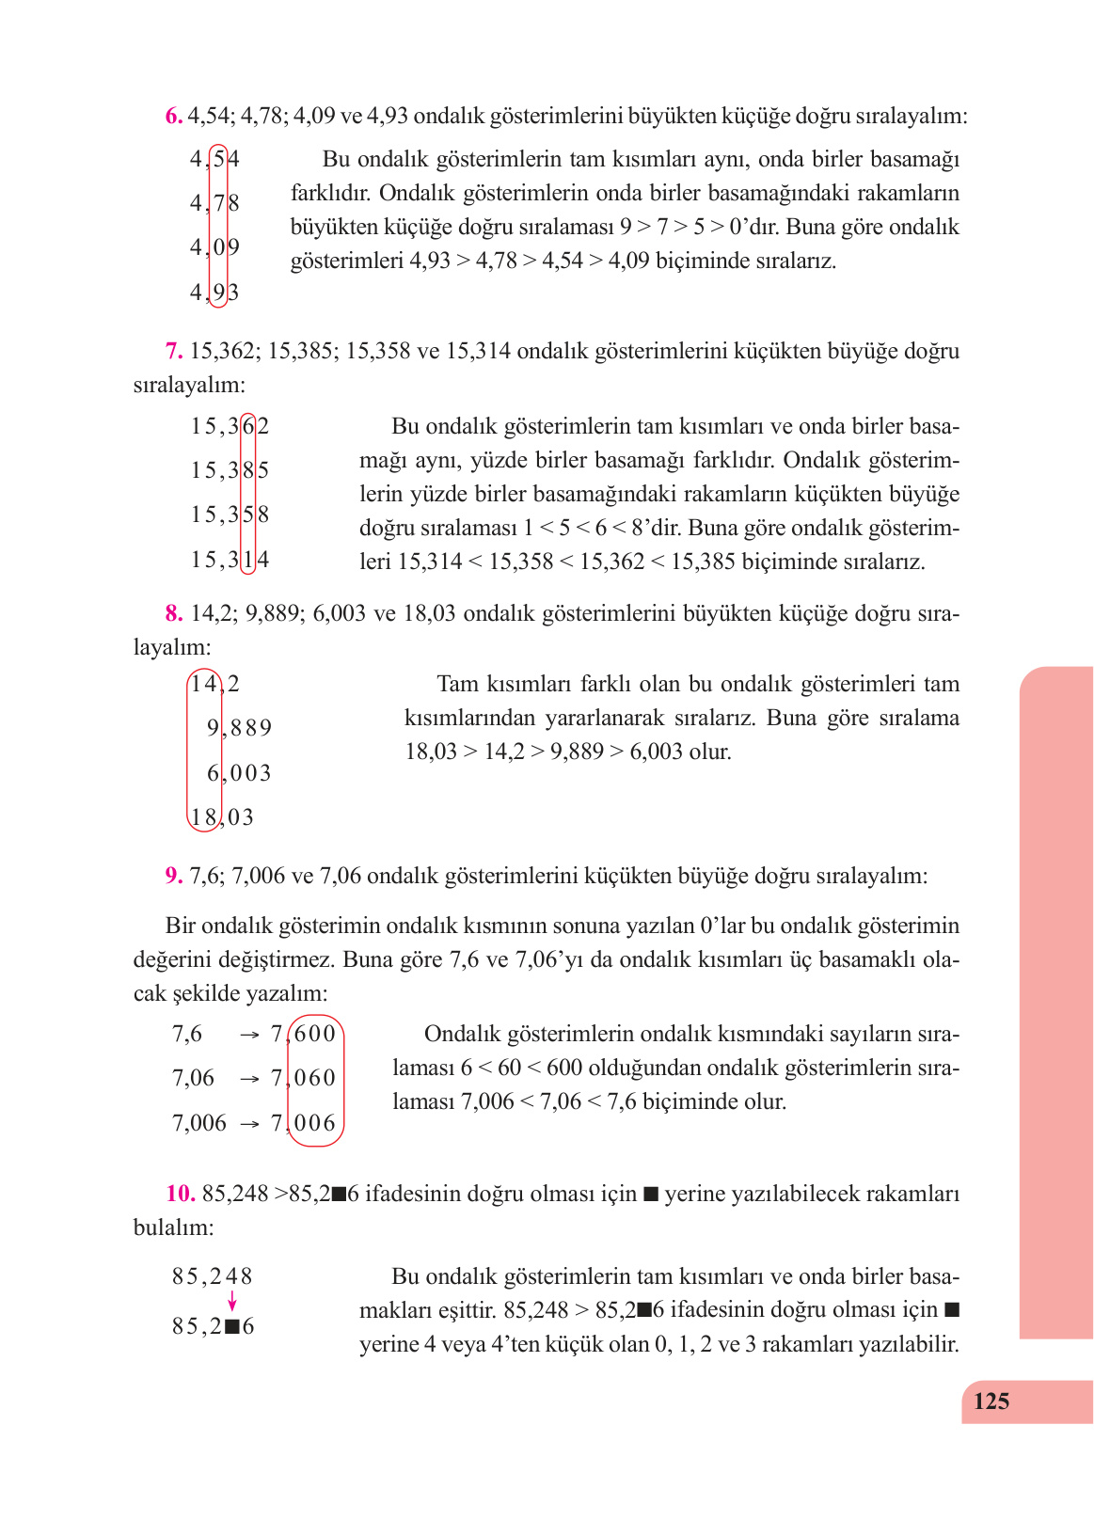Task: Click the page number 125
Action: coord(991,1401)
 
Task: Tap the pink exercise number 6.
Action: coord(174,116)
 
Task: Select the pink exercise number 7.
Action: coord(174,351)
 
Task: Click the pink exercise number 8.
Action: coord(174,613)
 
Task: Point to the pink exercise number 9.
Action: coord(174,876)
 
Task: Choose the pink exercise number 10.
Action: coord(180,1194)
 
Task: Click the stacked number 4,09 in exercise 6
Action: coord(214,247)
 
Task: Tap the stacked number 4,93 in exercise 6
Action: coord(214,293)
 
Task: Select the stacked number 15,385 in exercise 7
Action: coord(230,470)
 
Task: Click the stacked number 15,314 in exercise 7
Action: coord(230,561)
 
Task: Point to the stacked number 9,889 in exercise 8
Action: coord(239,728)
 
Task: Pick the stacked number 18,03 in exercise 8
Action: coord(222,817)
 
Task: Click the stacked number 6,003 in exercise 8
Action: coord(239,773)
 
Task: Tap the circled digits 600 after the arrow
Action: coord(315,1034)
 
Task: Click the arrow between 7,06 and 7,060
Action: coord(249,1079)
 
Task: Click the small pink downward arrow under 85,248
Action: coord(232,1302)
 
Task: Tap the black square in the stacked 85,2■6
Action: coord(232,1327)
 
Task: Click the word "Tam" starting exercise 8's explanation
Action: coord(458,684)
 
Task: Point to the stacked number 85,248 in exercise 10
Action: coord(213,1276)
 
